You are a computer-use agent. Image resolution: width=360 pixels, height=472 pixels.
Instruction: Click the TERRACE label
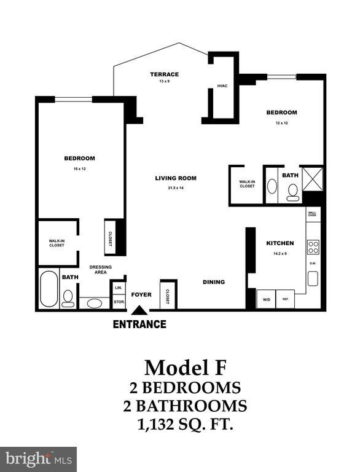pyautogui.click(x=164, y=74)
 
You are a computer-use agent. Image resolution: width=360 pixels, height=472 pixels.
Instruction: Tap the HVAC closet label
pyautogui.click(x=222, y=85)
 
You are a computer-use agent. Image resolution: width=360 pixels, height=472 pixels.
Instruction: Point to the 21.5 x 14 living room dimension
pyautogui.click(x=175, y=187)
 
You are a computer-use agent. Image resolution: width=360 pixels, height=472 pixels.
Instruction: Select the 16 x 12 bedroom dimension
pyautogui.click(x=79, y=168)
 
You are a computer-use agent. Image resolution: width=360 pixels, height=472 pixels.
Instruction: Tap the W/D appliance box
pyautogui.click(x=265, y=299)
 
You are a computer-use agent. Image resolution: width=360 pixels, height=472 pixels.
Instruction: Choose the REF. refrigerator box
pyautogui.click(x=286, y=299)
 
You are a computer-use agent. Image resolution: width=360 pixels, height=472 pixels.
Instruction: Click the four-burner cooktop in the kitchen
pyautogui.click(x=313, y=247)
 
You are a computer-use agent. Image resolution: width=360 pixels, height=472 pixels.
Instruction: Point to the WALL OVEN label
pyautogui.click(x=313, y=214)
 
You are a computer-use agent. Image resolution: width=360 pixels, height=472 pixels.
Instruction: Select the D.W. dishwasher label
pyautogui.click(x=313, y=264)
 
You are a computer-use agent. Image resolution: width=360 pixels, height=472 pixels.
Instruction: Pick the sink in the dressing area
pyautogui.click(x=95, y=302)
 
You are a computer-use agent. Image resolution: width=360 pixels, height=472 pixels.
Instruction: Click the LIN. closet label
pyautogui.click(x=118, y=288)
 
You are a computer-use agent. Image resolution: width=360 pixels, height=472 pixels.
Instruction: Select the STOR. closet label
pyautogui.click(x=118, y=302)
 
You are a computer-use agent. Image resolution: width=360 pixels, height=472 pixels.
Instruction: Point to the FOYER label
pyautogui.click(x=141, y=294)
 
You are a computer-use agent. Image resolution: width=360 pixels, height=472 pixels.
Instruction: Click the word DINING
pyautogui.click(x=214, y=282)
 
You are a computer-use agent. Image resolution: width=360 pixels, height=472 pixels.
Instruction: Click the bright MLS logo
pyautogui.click(x=38, y=458)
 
